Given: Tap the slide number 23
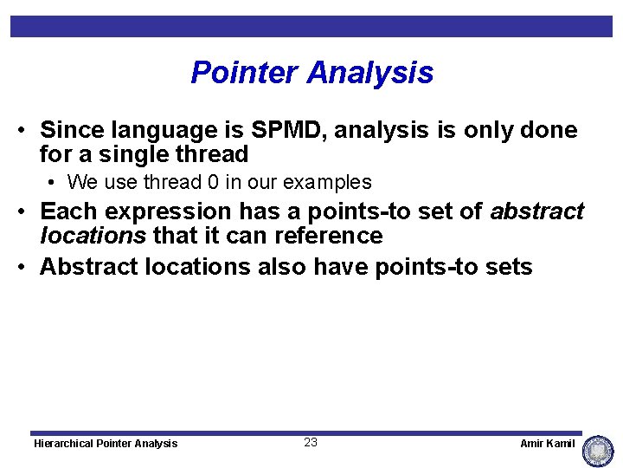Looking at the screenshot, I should point(311,442).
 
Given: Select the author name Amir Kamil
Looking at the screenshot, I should point(547,443).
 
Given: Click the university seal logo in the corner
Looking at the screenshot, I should point(598,451).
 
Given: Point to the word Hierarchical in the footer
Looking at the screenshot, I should point(62,443).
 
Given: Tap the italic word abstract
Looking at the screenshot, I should point(537,211).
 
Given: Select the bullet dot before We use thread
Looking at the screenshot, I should point(55,183).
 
